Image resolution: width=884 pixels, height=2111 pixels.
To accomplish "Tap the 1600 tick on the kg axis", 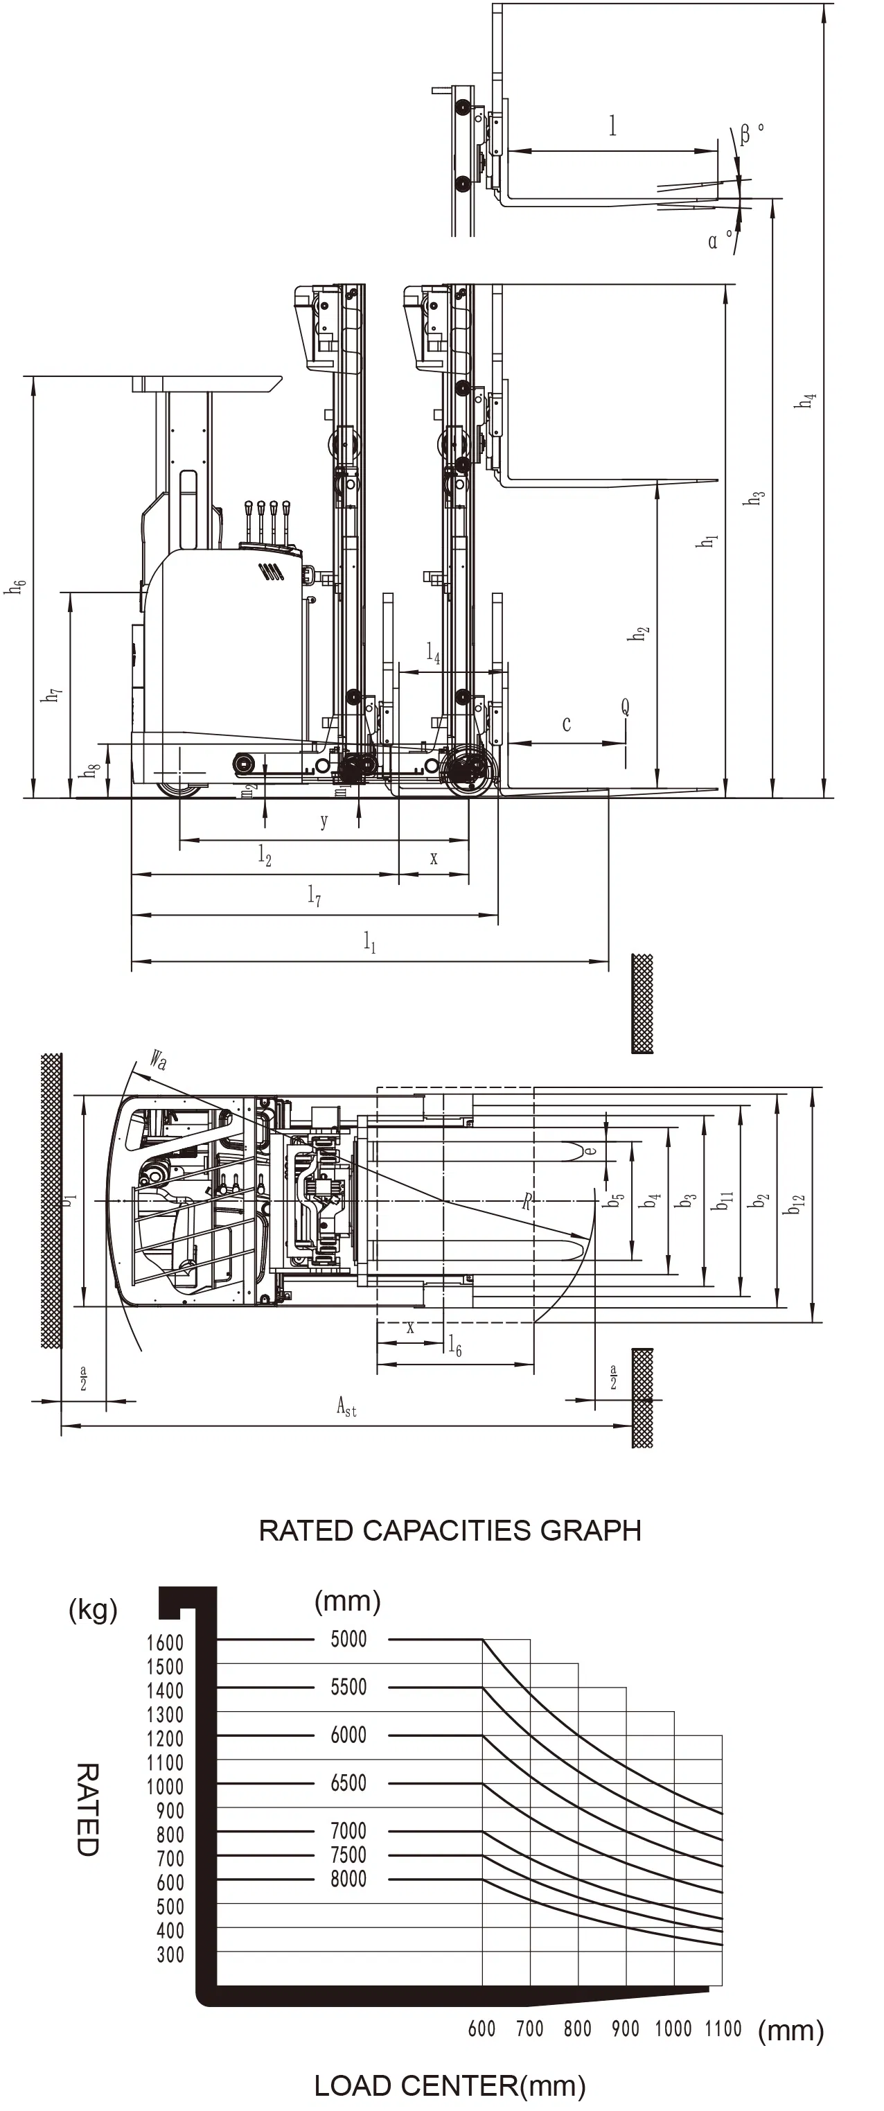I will pos(165,1643).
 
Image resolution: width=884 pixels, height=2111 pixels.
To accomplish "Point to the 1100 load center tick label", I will pos(723,2029).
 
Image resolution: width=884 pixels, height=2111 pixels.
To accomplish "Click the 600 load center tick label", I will pos(481,2029).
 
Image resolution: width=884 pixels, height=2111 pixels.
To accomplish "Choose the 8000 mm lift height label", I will pos(348,1879).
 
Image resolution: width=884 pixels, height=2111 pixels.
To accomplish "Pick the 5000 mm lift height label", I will pos(348,1639).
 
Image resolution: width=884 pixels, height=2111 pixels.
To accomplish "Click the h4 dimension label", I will pos(808,401).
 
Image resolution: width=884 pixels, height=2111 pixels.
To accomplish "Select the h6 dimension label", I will pos(17,586).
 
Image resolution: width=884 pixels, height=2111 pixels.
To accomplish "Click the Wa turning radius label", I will pos(159,1060).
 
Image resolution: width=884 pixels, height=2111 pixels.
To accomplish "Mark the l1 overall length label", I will pos(369,943).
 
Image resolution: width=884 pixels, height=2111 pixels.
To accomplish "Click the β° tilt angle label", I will pos(751,134).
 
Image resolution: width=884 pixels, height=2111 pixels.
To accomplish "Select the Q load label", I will pos(625,707).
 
